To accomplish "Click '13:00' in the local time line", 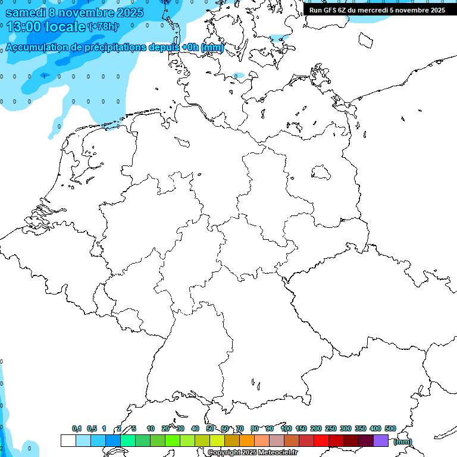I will coord(24,27).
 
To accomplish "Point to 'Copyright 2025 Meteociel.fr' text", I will coord(252,453).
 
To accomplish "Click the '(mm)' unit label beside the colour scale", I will coord(402,442).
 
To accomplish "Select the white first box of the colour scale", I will coord(68,440).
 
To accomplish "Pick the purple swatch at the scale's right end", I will coord(381,440).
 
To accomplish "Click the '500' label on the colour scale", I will coord(390,428).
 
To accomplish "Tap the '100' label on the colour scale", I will coord(286,428).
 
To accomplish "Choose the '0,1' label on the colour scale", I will coord(77,428).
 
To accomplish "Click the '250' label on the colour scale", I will coord(331,428).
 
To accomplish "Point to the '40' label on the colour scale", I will coord(195,428).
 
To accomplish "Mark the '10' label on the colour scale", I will coord(151,428).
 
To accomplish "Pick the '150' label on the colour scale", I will coord(301,428).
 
